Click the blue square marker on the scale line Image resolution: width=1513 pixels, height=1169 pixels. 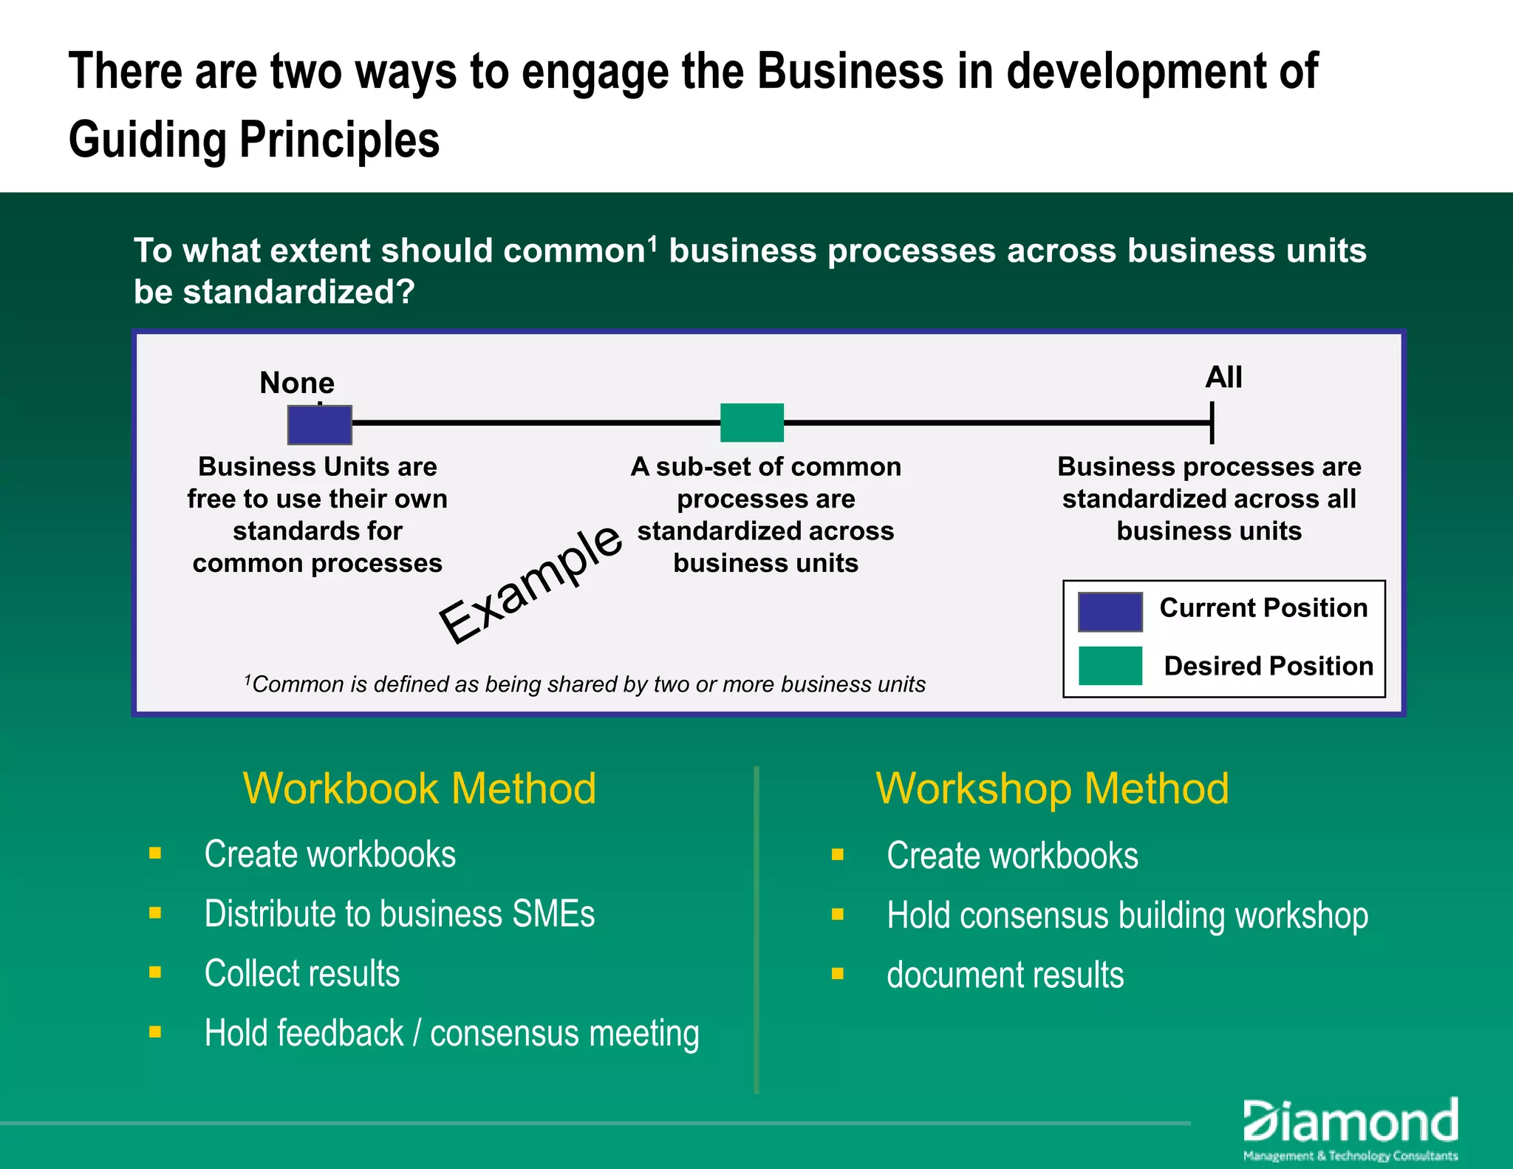click(x=319, y=425)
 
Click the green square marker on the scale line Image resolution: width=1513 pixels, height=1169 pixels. click(x=751, y=423)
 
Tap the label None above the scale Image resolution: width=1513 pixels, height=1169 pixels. click(x=297, y=383)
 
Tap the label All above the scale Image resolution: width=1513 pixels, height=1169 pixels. click(x=1223, y=378)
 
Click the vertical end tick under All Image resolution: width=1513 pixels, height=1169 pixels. click(x=1212, y=423)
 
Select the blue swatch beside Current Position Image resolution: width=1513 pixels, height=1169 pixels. click(x=1110, y=611)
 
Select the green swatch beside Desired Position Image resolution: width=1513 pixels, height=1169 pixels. click(x=1110, y=666)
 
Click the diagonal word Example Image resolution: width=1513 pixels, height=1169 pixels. click(x=530, y=584)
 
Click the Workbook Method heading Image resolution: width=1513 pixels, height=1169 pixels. click(x=419, y=788)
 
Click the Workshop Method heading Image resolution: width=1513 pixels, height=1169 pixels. click(x=1052, y=788)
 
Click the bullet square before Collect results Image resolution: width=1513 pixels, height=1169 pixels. click(x=155, y=972)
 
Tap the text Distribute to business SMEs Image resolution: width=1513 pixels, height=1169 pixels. click(x=399, y=914)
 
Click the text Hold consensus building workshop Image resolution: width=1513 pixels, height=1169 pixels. click(x=1127, y=916)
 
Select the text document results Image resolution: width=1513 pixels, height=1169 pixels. click(x=1005, y=975)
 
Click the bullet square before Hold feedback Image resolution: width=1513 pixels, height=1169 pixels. click(x=155, y=1032)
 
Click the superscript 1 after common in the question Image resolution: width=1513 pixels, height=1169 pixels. click(x=652, y=242)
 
